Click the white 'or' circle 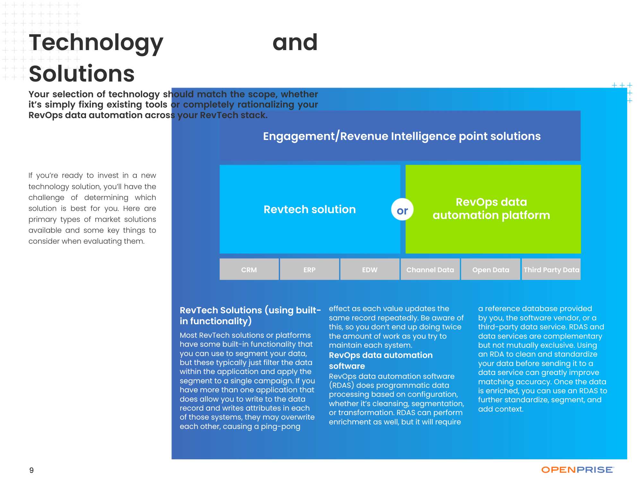pos(402,210)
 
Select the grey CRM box pos(249,269)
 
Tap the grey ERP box pos(309,269)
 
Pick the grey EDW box pos(370,269)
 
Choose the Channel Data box pos(430,269)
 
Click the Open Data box pos(490,269)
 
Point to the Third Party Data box pos(551,269)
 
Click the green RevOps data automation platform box pos(493,209)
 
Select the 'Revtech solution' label pos(310,209)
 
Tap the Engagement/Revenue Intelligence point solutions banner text pos(402,136)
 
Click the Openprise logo pos(578,470)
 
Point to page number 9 pos(31,470)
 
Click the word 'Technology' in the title pos(96,43)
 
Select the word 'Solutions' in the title pos(82,74)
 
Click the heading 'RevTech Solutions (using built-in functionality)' pos(250,316)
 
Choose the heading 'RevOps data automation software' pos(381,361)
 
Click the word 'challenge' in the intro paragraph pos(47,197)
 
